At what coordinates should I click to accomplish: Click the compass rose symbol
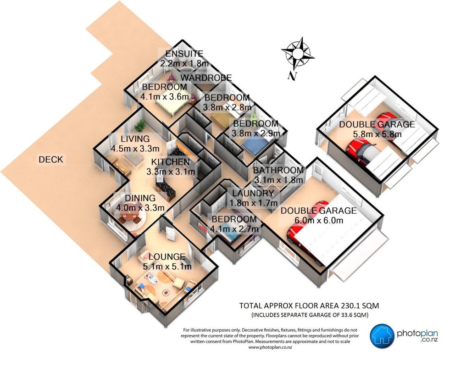[x=297, y=54]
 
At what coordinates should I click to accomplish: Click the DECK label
[x=51, y=159]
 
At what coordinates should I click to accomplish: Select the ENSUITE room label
[x=184, y=54]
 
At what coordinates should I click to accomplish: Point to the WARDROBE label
[x=206, y=78]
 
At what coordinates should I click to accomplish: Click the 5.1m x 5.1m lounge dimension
[x=167, y=267]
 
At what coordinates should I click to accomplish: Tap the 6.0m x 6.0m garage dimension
[x=319, y=220]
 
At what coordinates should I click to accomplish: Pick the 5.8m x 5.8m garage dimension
[x=377, y=134]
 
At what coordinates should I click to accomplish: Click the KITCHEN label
[x=171, y=162]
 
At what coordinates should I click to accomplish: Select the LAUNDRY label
[x=253, y=193]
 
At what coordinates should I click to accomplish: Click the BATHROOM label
[x=278, y=170]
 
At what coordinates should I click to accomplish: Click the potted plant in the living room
[x=141, y=126]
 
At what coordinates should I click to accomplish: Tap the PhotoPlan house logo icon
[x=382, y=336]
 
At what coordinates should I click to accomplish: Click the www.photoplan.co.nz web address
[x=270, y=347]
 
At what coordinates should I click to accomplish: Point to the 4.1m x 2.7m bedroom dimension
[x=234, y=229]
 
